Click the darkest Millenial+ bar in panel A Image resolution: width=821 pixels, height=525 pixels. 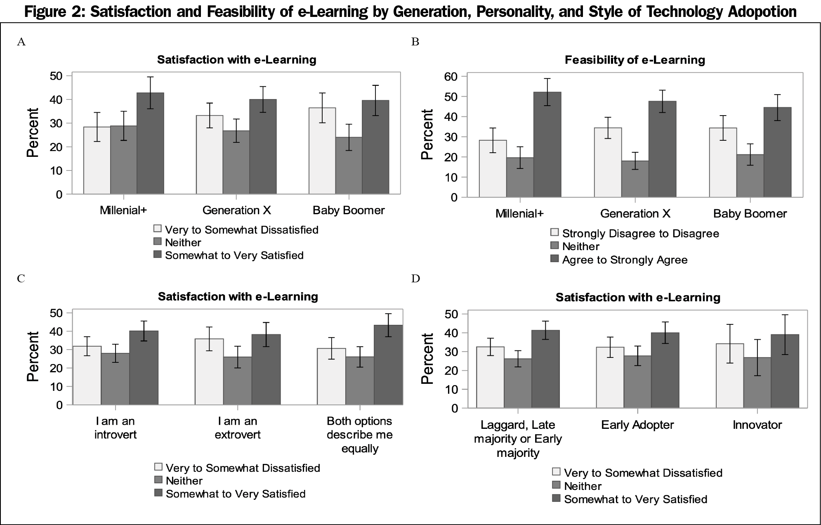tap(151, 143)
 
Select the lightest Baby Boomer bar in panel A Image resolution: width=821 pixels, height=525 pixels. tap(322, 151)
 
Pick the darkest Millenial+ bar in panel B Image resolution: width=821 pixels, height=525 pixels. tap(547, 144)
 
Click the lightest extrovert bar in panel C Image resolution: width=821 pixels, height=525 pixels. tap(209, 372)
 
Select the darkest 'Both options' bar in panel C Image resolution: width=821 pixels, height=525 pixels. tap(388, 365)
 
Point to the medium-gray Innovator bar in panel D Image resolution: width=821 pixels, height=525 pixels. tap(757, 383)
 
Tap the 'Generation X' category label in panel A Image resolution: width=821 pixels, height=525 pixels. tap(236, 210)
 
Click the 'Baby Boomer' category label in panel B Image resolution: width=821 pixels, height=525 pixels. tap(750, 214)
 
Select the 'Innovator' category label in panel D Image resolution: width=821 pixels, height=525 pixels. tap(757, 425)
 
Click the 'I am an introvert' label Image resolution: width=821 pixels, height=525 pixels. tap(116, 428)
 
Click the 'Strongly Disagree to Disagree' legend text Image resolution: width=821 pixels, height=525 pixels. tap(641, 234)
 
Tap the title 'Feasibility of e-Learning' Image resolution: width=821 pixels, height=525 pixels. tap(635, 60)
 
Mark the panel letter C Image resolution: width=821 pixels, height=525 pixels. tap(21, 279)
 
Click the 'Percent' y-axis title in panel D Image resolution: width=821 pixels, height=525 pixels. tap(427, 359)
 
